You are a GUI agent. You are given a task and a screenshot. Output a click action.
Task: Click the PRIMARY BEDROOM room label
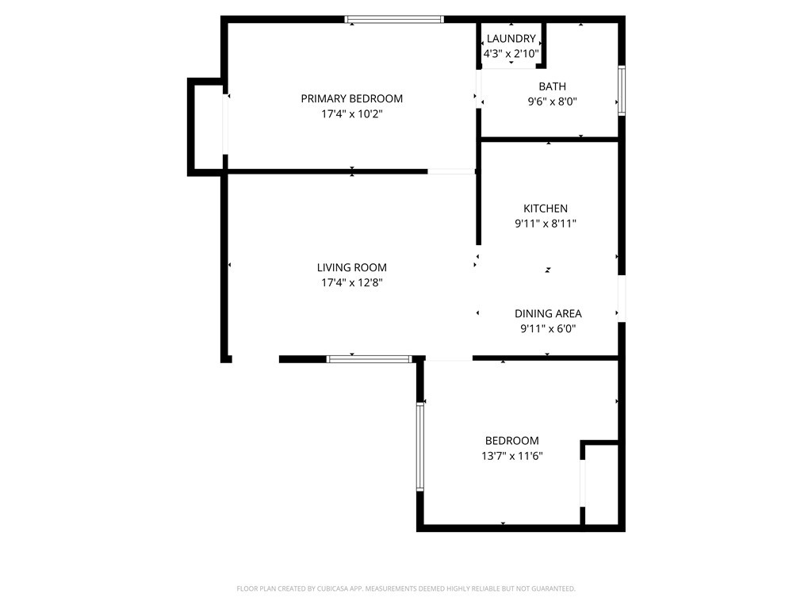tap(351, 99)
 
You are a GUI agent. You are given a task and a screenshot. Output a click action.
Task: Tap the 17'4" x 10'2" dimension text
tap(351, 114)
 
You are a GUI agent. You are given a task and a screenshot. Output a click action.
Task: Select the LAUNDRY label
tap(511, 39)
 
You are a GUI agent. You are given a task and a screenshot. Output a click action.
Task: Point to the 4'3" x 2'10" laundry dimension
tap(511, 54)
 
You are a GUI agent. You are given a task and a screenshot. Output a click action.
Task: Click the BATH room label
tap(552, 86)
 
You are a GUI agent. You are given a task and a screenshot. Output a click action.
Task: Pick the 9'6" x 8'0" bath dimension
tap(552, 101)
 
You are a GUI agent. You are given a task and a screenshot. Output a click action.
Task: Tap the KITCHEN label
tap(545, 209)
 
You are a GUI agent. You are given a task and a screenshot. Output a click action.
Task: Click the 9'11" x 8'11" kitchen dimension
tap(545, 224)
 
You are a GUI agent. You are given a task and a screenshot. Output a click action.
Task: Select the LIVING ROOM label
tap(351, 268)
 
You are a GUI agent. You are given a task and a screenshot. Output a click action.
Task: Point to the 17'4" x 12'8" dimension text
tap(351, 283)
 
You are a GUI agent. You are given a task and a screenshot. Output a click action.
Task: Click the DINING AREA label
tap(548, 314)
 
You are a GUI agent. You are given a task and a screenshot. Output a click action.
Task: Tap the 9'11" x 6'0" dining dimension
tap(548, 328)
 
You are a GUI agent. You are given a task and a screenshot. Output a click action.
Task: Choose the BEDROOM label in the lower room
tap(511, 441)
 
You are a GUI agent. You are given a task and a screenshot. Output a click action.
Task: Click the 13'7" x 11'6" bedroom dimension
tap(511, 456)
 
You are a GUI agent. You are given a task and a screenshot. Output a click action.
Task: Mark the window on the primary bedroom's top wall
tap(394, 19)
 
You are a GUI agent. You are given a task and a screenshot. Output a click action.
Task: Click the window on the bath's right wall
tap(622, 91)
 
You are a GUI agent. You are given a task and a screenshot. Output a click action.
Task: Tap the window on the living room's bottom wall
tap(370, 359)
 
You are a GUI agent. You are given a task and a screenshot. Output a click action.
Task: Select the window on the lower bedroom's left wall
tap(420, 446)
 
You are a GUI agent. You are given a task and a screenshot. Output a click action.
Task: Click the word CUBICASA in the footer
tap(334, 588)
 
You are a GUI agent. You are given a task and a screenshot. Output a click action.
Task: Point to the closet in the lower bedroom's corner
tap(602, 484)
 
